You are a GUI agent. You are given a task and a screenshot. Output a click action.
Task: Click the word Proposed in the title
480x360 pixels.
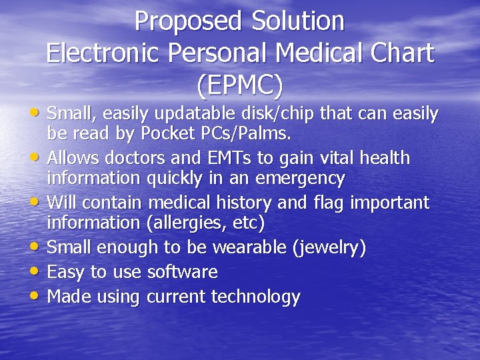tap(188, 21)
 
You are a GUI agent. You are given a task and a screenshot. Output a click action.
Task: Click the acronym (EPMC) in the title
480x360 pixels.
tap(240, 85)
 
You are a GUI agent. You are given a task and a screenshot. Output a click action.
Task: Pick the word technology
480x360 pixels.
tap(256, 296)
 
